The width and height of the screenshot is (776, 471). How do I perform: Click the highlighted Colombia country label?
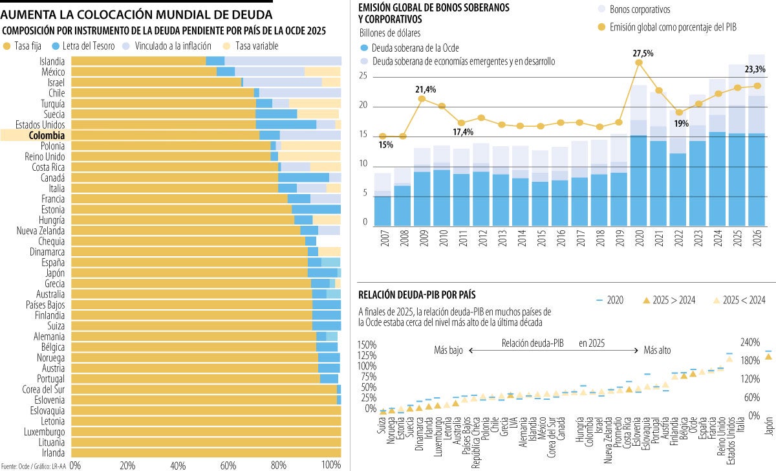pos(46,135)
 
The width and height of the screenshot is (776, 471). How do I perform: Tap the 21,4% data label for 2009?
pos(426,89)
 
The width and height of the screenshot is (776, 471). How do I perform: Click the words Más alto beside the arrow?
pos(657,350)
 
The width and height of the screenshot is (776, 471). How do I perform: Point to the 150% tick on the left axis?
pos(367,344)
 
